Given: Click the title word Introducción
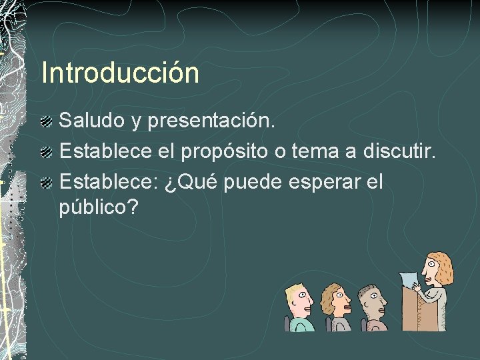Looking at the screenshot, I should tap(120, 73).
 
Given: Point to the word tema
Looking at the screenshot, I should tap(321, 151).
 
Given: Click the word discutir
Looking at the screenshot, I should tap(399, 151).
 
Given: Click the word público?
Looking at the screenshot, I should tap(99, 208).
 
